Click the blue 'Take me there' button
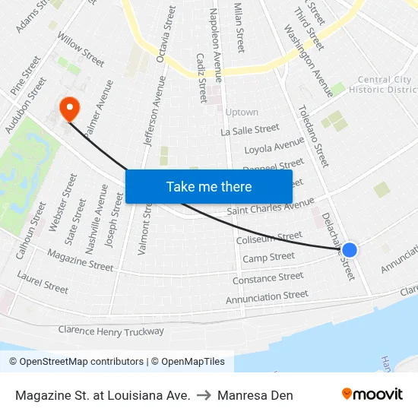[x=208, y=186]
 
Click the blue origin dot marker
[x=350, y=249]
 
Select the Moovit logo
[x=372, y=394]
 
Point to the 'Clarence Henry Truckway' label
[x=111, y=331]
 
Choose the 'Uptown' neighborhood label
[x=242, y=112]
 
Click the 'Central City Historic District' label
[x=384, y=84]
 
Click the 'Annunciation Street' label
[x=267, y=297]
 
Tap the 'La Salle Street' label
[x=250, y=131]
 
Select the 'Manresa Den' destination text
[x=255, y=395]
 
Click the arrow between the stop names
[x=204, y=395]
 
